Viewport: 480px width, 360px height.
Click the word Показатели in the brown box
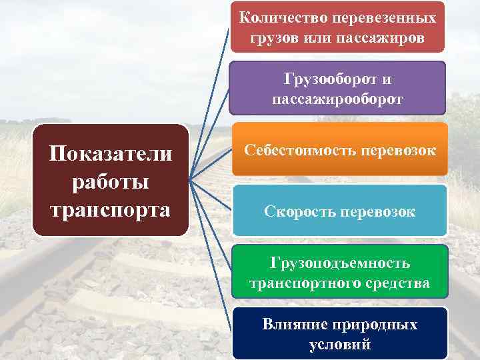111,154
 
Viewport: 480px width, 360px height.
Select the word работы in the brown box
111,181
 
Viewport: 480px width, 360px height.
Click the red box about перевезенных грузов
337,26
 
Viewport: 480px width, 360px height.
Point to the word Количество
273,17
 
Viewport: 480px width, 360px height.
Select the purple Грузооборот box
337,89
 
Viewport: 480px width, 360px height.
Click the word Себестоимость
298,150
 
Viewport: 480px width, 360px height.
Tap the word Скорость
299,211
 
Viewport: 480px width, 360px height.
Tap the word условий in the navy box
340,345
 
